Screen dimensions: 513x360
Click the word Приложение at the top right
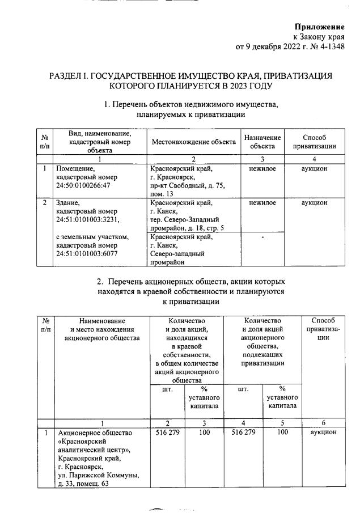point(320,27)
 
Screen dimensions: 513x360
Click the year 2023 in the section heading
point(235,86)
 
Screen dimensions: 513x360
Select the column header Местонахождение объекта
point(193,142)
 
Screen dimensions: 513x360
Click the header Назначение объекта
point(262,142)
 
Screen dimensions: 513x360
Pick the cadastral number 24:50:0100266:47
point(83,185)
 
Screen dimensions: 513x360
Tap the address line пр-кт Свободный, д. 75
point(188,185)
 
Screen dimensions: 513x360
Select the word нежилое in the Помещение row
point(262,168)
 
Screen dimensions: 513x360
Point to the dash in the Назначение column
point(262,237)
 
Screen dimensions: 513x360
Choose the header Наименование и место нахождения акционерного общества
point(102,329)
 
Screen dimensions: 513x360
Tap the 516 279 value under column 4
point(244,433)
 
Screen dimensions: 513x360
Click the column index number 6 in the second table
point(323,423)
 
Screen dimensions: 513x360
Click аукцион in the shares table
point(323,433)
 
